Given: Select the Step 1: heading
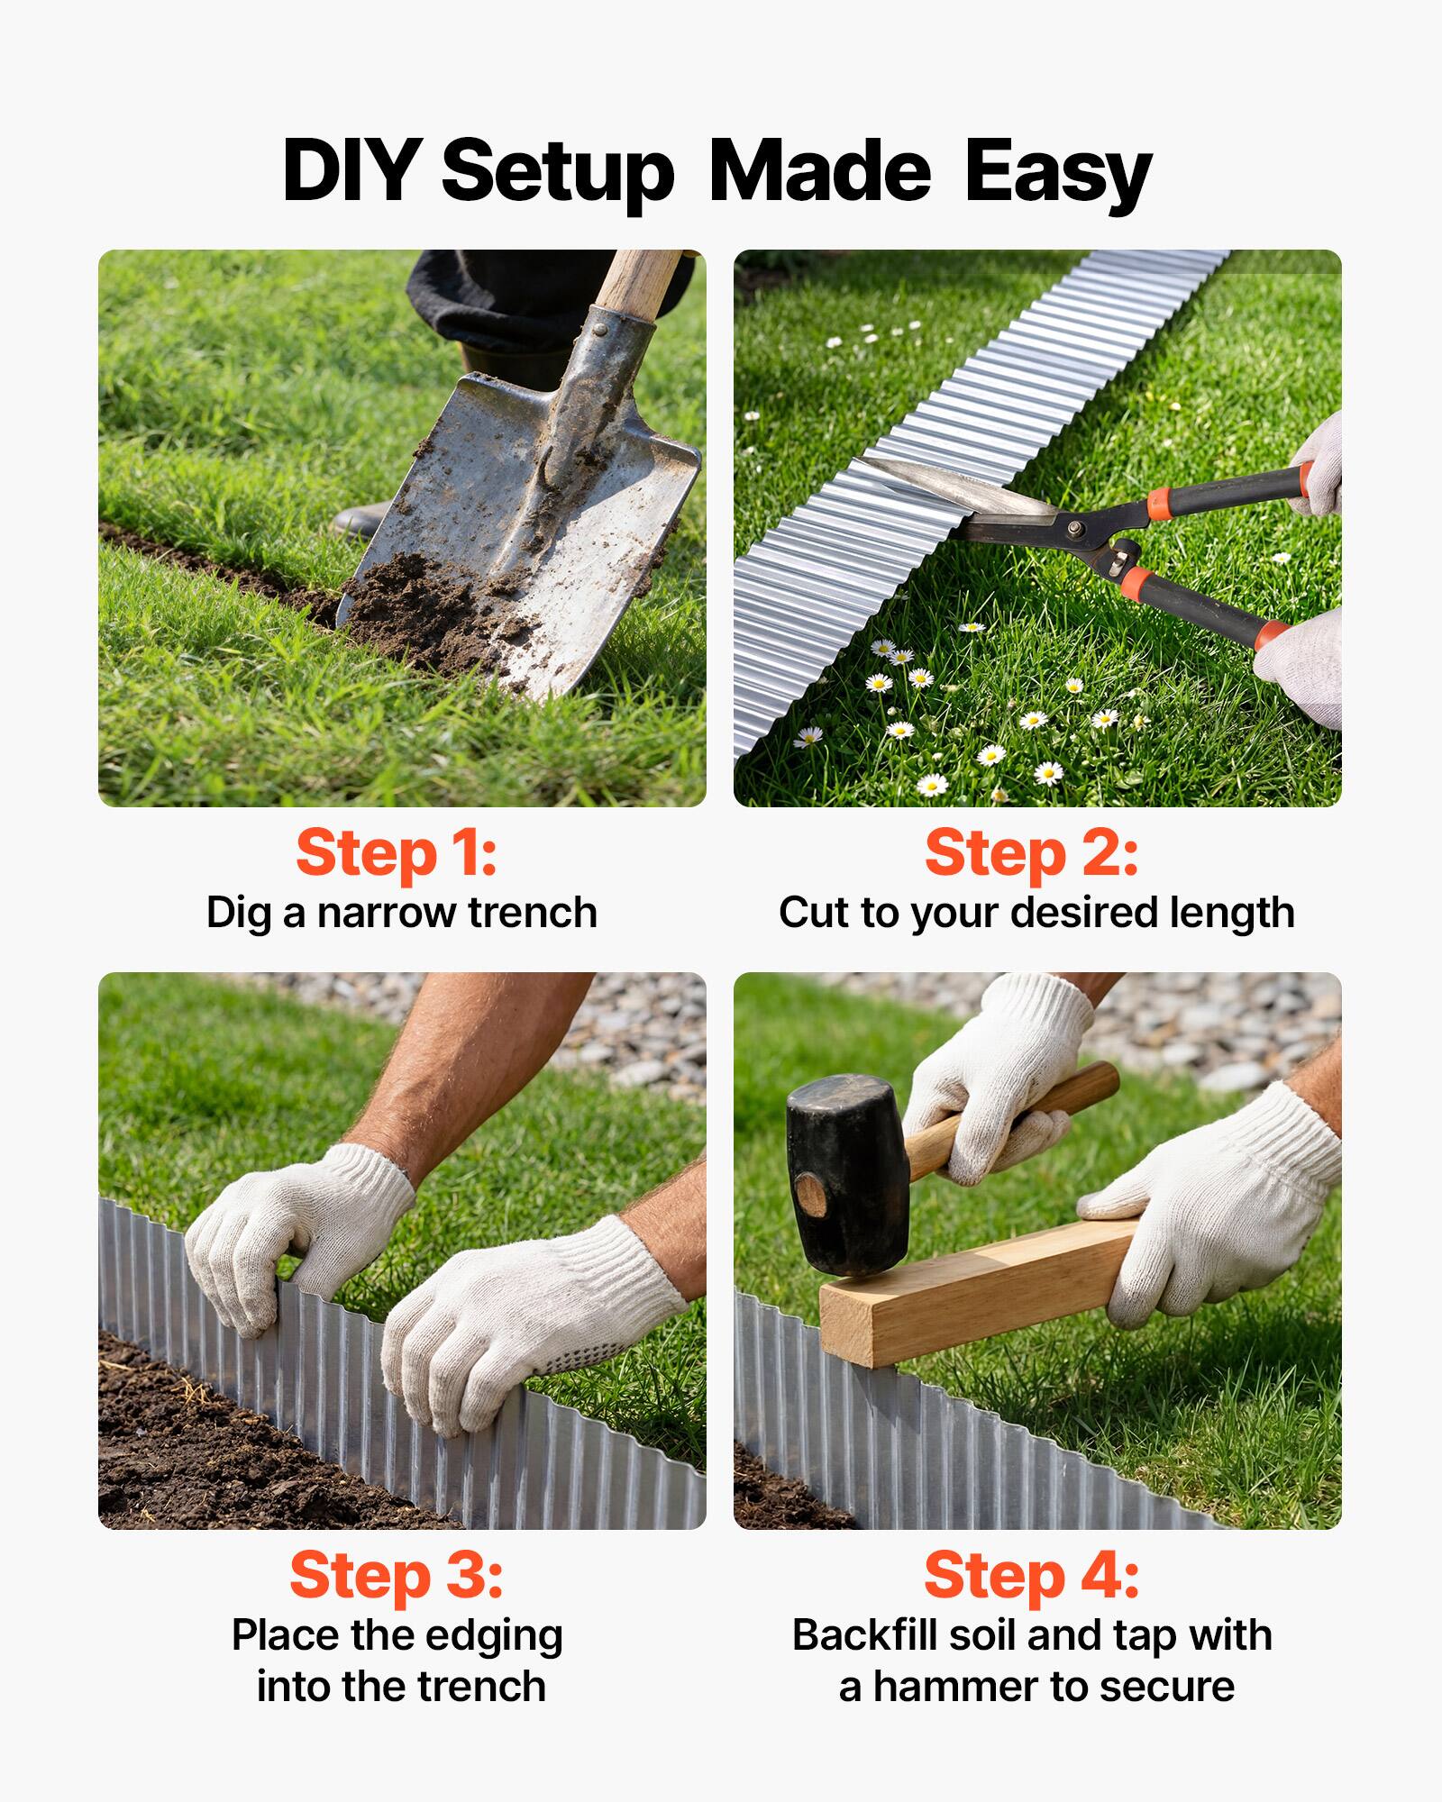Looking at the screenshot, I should (x=397, y=852).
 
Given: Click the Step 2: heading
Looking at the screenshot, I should (x=1031, y=852).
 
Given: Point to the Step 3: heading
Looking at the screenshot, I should (x=397, y=1575).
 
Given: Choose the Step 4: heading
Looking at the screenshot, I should (x=1031, y=1575).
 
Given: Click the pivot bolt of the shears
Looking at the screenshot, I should (x=1074, y=527).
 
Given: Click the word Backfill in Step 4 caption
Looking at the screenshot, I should (x=857, y=1635).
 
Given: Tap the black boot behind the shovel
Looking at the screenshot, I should (x=360, y=521).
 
